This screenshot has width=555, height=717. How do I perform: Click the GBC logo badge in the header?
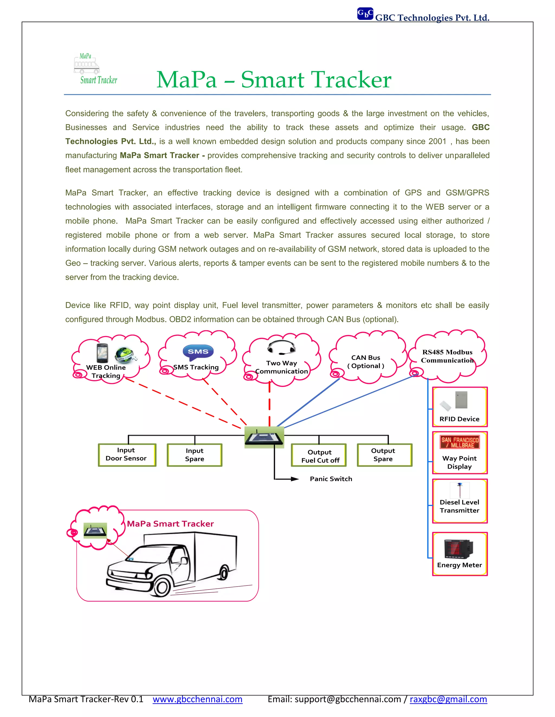[365, 14]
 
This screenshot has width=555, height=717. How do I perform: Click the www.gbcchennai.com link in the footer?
[197, 699]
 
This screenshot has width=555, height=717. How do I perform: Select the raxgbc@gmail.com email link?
[448, 699]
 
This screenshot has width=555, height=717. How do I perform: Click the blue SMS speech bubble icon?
[198, 352]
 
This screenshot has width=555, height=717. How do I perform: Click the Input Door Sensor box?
[127, 455]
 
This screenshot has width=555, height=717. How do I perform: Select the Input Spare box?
[194, 455]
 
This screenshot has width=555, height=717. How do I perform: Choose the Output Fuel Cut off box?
[319, 456]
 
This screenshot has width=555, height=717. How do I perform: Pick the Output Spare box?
[384, 455]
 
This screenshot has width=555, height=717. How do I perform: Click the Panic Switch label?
[331, 479]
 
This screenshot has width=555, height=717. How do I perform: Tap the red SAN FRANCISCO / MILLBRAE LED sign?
[460, 442]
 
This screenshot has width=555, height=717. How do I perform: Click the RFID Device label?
[459, 419]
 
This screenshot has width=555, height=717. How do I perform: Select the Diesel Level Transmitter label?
[459, 506]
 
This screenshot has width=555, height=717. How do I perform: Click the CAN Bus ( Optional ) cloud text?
[366, 362]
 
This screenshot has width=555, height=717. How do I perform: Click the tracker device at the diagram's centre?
[264, 437]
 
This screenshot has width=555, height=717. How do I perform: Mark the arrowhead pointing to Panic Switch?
[295, 479]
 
